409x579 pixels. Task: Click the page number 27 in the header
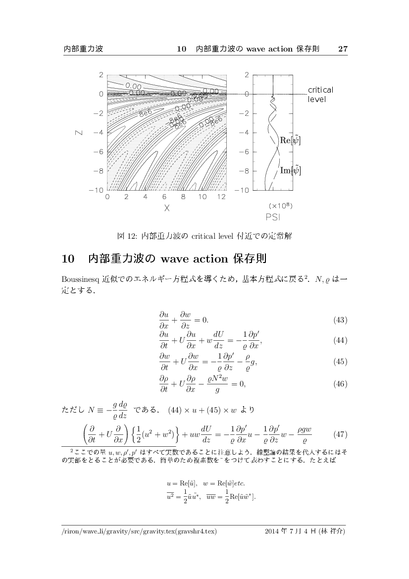pyautogui.click(x=343, y=49)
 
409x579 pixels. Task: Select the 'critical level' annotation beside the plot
pyautogui.click(x=320, y=94)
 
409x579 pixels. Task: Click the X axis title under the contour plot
pyautogui.click(x=167, y=209)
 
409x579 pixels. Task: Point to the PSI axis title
pyautogui.click(x=272, y=216)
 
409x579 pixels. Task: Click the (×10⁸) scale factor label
pyautogui.click(x=279, y=205)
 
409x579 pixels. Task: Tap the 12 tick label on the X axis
pyautogui.click(x=221, y=197)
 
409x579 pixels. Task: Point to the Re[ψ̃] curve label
pyautogui.click(x=290, y=141)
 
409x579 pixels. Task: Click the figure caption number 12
pyautogui.click(x=132, y=236)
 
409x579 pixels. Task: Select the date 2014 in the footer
pyautogui.click(x=273, y=531)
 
